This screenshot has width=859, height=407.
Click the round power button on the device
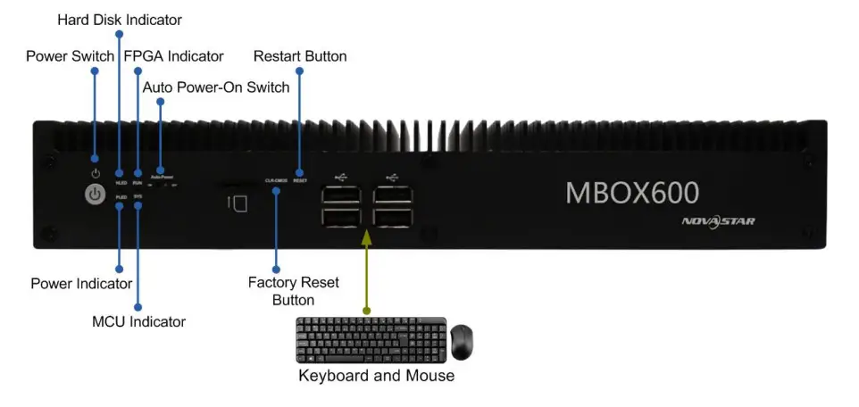click(96, 195)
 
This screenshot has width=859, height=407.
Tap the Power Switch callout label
click(70, 56)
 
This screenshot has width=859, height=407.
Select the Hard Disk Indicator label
click(119, 19)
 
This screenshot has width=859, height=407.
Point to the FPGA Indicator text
click(173, 56)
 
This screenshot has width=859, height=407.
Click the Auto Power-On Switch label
click(216, 87)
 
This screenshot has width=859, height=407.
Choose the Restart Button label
click(300, 56)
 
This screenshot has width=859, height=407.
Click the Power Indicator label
click(81, 284)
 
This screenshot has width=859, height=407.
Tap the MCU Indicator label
click(139, 320)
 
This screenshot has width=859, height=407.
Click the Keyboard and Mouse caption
click(376, 376)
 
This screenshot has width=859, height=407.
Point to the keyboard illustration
click(369, 339)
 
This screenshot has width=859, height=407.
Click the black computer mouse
click(462, 342)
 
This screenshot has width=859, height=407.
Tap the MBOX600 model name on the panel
click(632, 192)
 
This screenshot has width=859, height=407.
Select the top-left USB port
click(339, 195)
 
